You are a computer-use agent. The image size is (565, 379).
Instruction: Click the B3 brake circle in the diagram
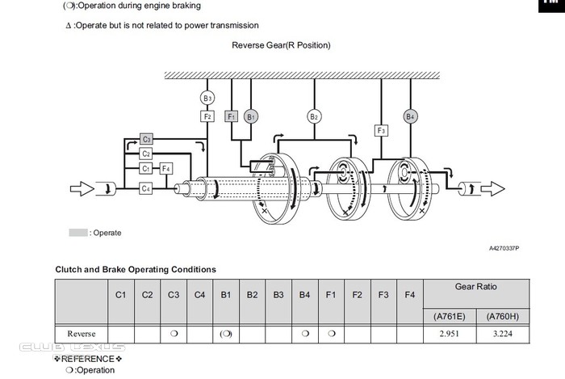[207, 99]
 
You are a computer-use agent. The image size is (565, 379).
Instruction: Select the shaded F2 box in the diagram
[207, 116]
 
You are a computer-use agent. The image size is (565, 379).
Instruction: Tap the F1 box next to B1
[232, 116]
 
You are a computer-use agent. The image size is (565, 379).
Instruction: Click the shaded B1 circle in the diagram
[251, 116]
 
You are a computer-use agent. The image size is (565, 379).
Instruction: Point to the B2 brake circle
[314, 116]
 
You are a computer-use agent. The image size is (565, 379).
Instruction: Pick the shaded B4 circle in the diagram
[411, 116]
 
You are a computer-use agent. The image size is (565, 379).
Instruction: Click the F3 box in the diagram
[382, 130]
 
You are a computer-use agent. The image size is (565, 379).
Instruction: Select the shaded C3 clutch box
[146, 139]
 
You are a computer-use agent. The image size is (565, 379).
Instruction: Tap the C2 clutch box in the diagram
[146, 154]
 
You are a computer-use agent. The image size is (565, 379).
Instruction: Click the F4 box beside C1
[165, 168]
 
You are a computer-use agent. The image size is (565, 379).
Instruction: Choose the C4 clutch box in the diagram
[146, 188]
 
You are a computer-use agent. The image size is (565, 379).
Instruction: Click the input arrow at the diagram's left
[82, 189]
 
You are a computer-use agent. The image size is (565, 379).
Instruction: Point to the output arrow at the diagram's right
[491, 188]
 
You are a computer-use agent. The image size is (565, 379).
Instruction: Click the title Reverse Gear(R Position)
[281, 45]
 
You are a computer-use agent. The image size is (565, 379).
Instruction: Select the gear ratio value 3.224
[504, 333]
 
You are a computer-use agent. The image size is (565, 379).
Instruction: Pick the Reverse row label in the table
[80, 333]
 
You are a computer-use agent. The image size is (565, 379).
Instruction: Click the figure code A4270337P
[504, 248]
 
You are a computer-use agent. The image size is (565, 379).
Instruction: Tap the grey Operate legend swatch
[77, 233]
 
